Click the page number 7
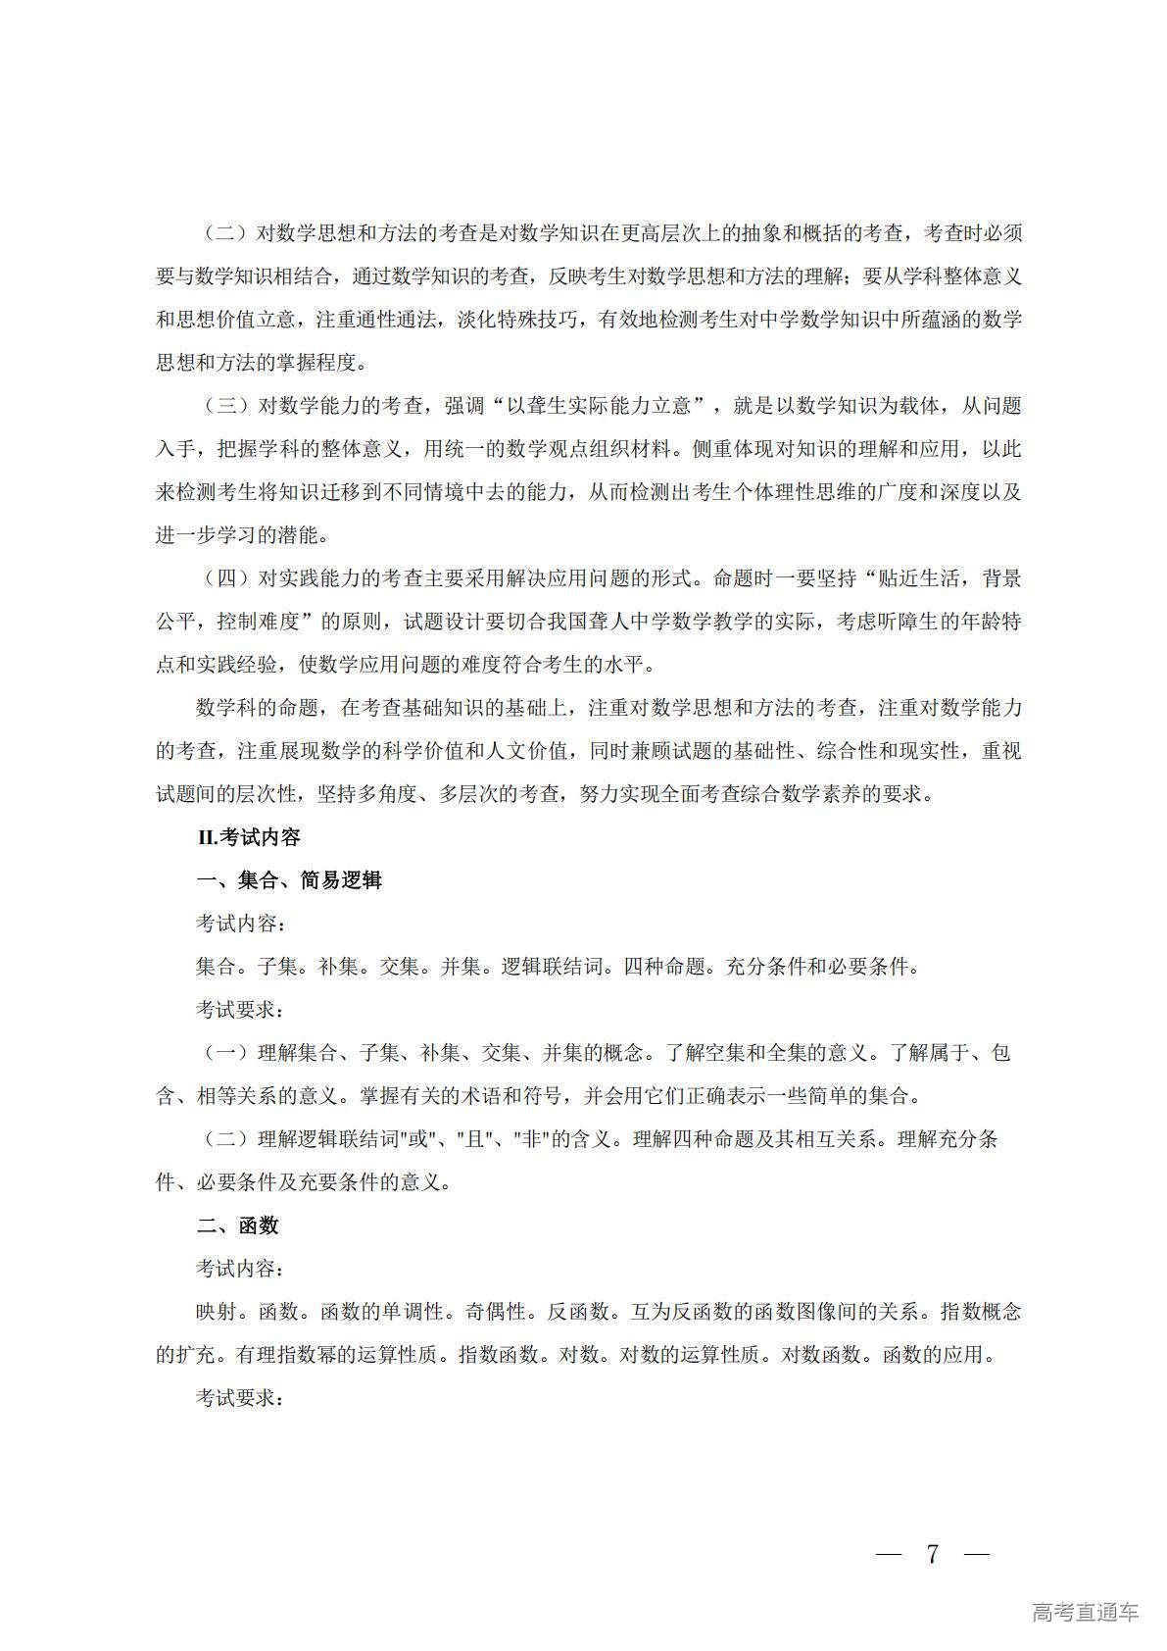tap(932, 1554)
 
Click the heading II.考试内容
tap(249, 837)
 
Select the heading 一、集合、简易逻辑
tap(289, 880)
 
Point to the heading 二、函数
tap(238, 1226)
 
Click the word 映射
tap(217, 1312)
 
